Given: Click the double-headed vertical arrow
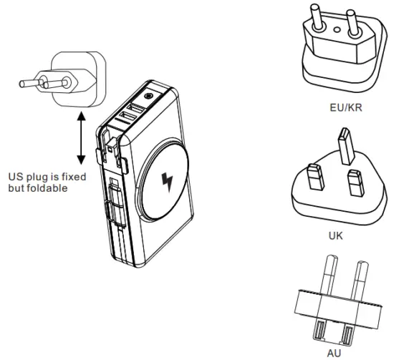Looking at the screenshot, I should click(81, 138).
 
